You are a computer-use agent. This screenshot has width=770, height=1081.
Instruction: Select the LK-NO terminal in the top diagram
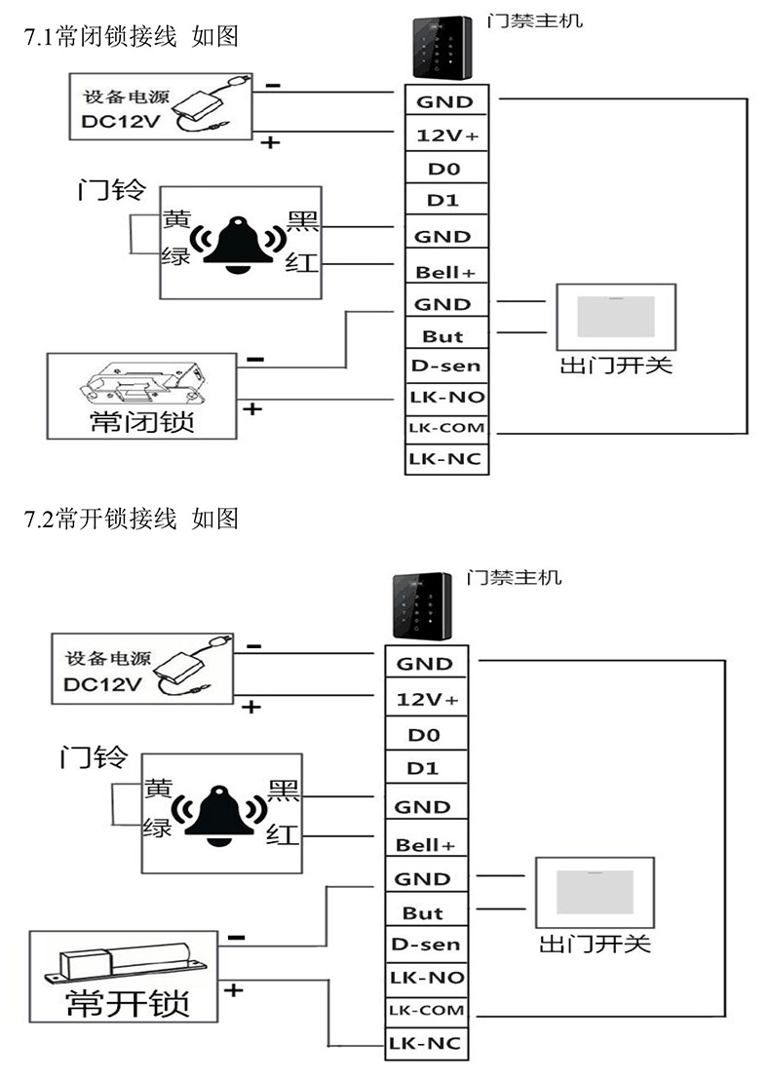tap(446, 397)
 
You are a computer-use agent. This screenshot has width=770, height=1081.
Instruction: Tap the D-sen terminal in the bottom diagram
tap(425, 945)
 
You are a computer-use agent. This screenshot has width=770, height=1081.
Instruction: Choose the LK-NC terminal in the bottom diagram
tap(425, 1044)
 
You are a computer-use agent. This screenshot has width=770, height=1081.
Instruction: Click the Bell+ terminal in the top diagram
tap(446, 270)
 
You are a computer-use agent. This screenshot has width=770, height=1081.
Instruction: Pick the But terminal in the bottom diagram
tap(423, 913)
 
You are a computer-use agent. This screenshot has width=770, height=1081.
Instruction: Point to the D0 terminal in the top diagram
tap(444, 169)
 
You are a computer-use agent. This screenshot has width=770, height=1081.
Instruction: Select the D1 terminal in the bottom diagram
tap(423, 767)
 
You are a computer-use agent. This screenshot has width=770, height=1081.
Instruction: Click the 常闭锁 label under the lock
tap(141, 422)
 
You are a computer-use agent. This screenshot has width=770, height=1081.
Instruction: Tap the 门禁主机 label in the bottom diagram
tap(514, 577)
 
